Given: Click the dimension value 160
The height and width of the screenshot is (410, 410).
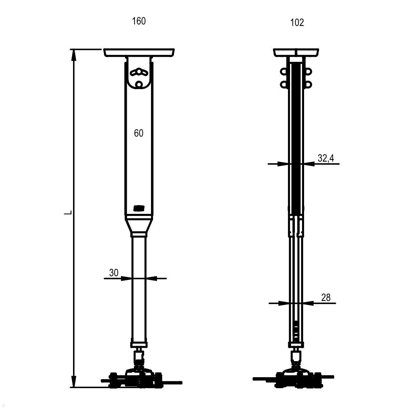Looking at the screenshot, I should coord(139,21).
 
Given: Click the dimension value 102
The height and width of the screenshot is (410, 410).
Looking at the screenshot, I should coord(297,23).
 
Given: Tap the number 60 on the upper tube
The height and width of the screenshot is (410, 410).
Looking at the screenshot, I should coord(139,133).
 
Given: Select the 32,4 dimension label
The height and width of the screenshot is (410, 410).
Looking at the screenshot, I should coord(326,158).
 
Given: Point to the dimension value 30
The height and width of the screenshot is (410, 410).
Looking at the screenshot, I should coord(114,273).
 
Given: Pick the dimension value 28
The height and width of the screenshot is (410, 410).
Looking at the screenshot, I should coord(326,297).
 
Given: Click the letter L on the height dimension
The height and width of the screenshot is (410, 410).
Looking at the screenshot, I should coord(69,213).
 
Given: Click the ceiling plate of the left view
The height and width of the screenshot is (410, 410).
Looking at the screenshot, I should coord(139,53).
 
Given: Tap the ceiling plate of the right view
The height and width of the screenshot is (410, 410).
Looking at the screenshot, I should coord(296,52).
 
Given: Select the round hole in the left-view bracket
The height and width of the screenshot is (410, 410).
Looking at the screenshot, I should coord(139,84).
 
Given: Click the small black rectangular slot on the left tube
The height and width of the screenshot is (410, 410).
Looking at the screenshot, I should coord(139,208).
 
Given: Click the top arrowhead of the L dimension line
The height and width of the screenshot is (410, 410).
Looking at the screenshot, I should coord(73,55).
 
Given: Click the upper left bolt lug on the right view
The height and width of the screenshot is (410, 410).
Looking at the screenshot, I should coord(284,72).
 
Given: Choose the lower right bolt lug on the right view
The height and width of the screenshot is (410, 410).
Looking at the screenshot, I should coord(308,84).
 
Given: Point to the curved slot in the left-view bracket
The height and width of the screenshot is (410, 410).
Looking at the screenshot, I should coord(139,72).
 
